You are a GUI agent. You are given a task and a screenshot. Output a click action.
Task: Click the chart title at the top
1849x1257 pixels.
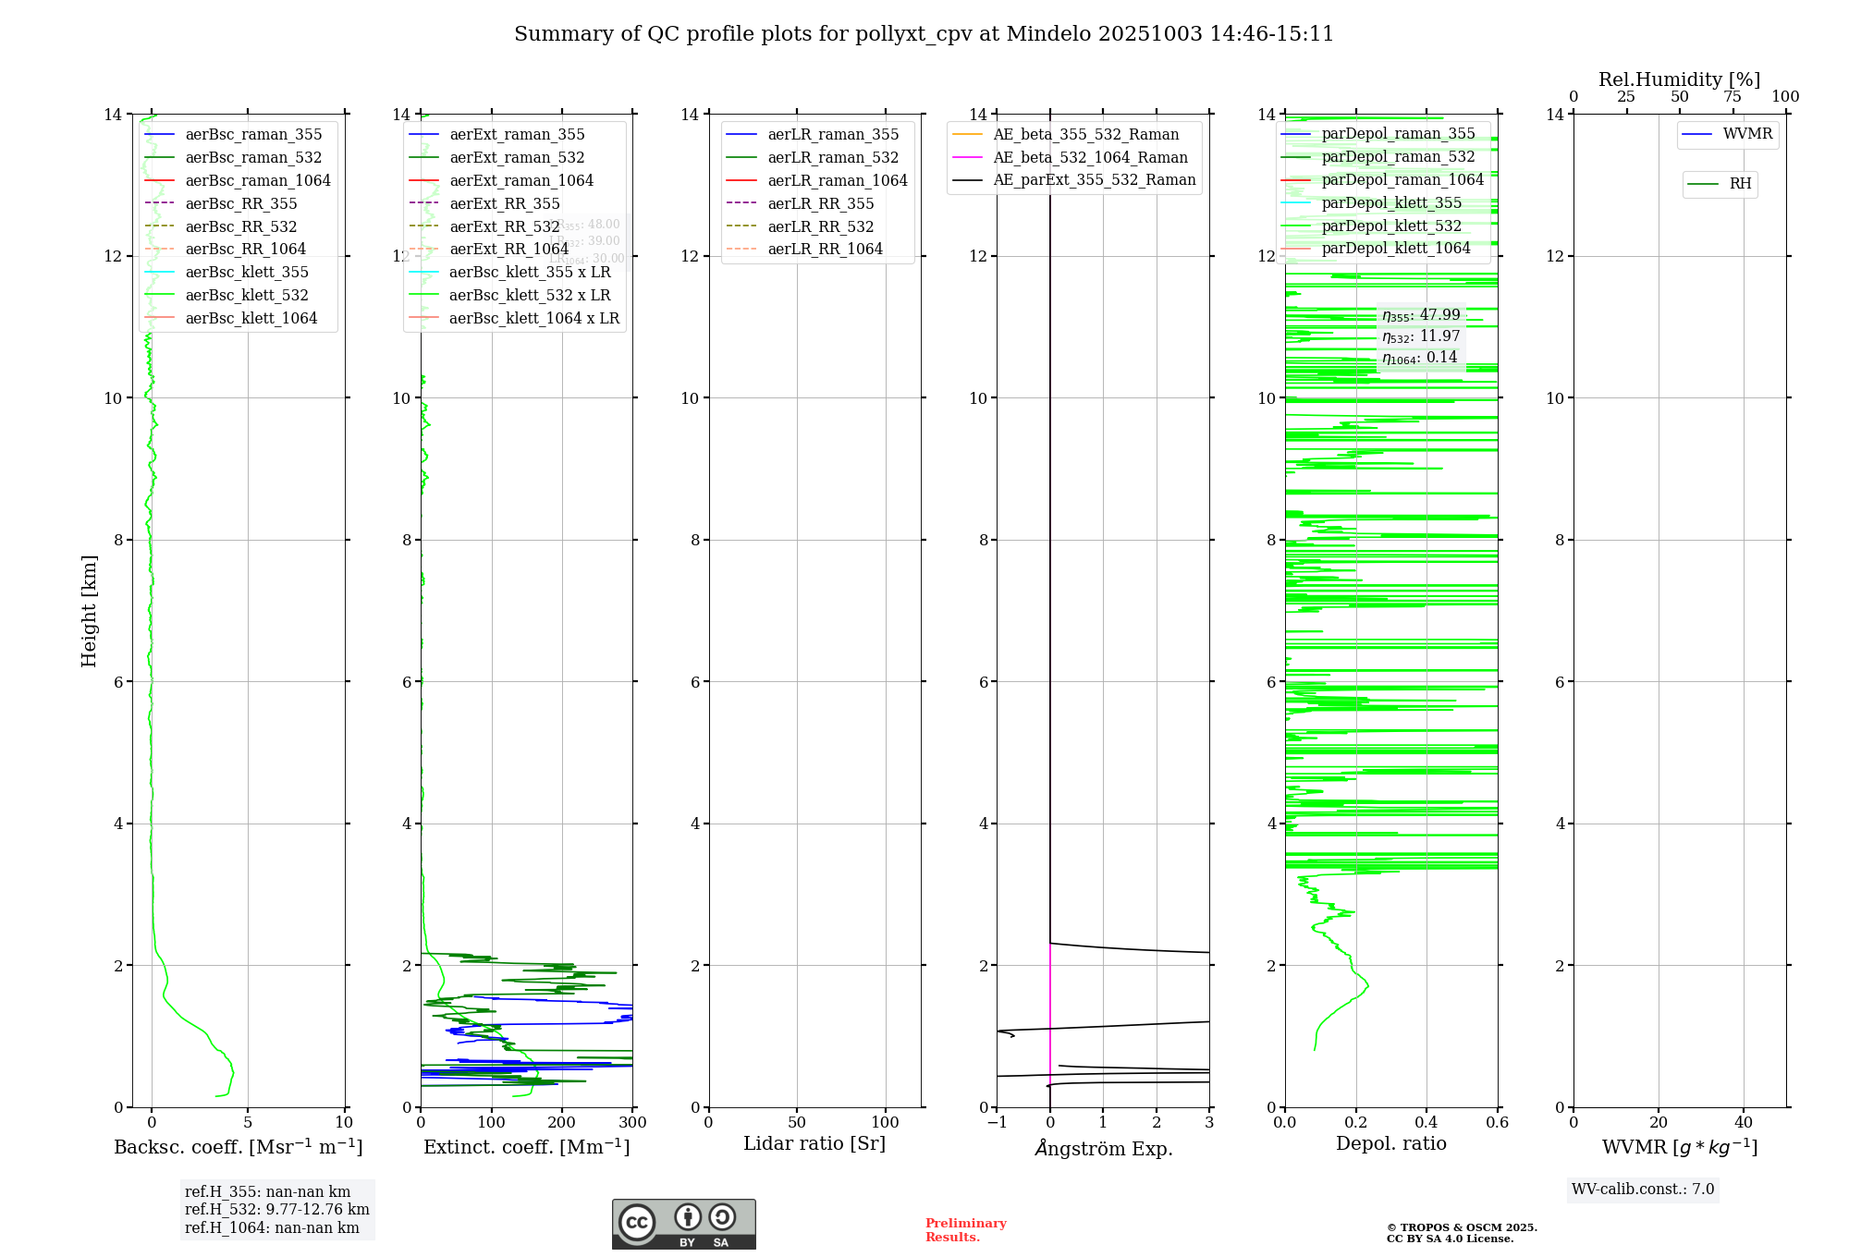pyautogui.click(x=924, y=34)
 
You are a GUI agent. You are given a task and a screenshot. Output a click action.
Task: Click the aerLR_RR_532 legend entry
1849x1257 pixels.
pyautogui.click(x=820, y=226)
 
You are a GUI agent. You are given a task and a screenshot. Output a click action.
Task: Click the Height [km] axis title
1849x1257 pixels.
pyautogui.click(x=89, y=610)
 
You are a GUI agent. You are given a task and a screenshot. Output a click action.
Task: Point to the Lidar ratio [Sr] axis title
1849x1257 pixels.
pyautogui.click(x=814, y=1143)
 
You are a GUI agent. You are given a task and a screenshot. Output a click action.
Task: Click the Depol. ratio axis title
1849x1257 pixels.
pyautogui.click(x=1390, y=1143)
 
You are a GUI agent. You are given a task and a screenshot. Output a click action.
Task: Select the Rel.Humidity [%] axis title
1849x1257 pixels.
pyautogui.click(x=1679, y=79)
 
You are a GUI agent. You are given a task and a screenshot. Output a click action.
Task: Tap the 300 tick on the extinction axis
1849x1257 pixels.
pyautogui.click(x=632, y=1123)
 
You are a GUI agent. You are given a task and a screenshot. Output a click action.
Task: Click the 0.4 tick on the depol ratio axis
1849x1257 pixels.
pyautogui.click(x=1427, y=1123)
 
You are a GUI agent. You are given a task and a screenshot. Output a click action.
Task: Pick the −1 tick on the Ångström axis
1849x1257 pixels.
pyautogui.click(x=997, y=1123)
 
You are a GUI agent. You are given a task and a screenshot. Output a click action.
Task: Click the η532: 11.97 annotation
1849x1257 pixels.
pyautogui.click(x=1421, y=336)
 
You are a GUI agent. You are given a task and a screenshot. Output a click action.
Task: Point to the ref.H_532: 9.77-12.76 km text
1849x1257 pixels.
pyautogui.click(x=276, y=1210)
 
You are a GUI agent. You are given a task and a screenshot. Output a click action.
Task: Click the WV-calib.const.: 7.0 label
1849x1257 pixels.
pyautogui.click(x=1643, y=1190)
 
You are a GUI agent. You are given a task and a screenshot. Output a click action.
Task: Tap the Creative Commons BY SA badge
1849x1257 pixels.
pyautogui.click(x=683, y=1225)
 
